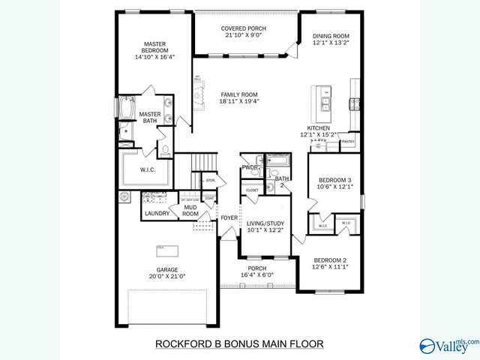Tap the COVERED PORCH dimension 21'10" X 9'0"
[244, 36]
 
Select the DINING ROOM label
[331, 36]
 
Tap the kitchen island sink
[326, 103]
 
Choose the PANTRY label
[348, 140]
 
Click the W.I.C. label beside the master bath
[148, 170]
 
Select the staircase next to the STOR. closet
[200, 161]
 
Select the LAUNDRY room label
[157, 214]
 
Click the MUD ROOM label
[190, 210]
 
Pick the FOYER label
[229, 218]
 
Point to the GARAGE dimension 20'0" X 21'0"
[166, 275]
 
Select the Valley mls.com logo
[449, 344]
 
